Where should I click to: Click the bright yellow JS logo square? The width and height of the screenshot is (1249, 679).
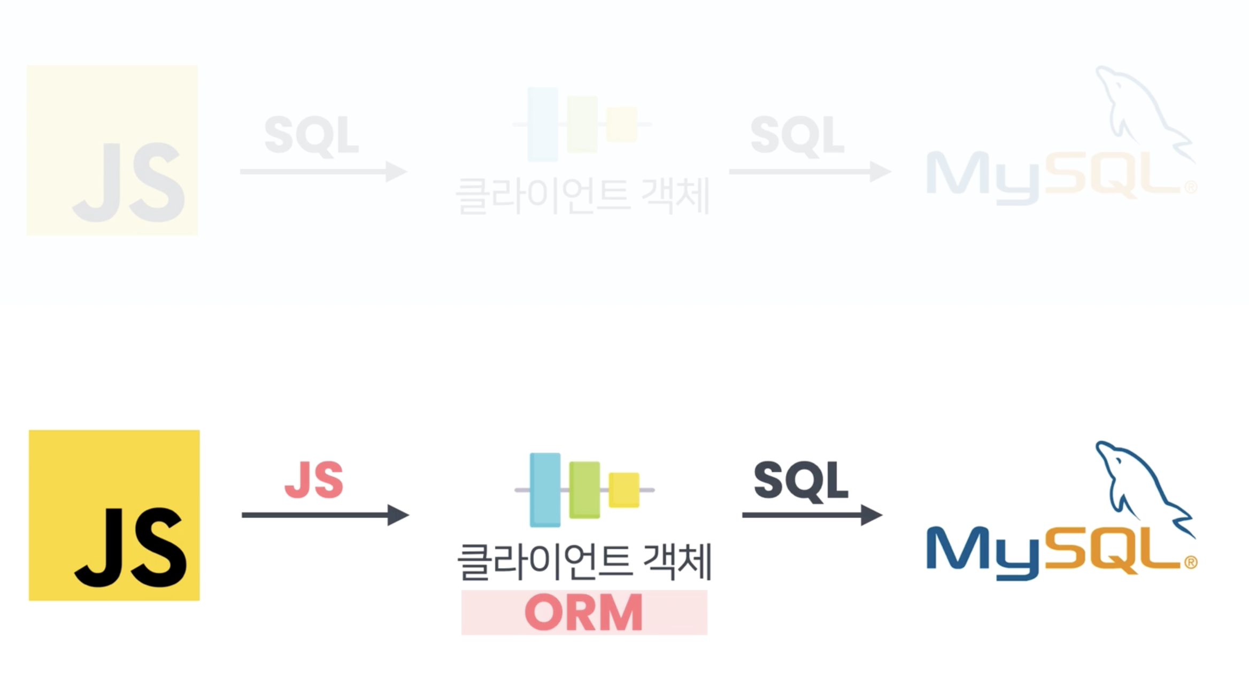point(114,515)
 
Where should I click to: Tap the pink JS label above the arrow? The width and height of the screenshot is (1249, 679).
point(314,480)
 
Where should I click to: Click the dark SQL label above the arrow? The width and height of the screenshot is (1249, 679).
point(800,481)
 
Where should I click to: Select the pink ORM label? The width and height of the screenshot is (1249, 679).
point(584,612)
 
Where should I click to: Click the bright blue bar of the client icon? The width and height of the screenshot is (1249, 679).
point(545,489)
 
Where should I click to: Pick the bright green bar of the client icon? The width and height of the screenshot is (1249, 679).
point(584,489)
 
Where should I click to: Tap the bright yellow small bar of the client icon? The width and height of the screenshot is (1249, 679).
point(623,489)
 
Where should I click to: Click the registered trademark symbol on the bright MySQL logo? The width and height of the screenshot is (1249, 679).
point(1191,562)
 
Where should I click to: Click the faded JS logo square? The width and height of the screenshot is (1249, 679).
point(112,150)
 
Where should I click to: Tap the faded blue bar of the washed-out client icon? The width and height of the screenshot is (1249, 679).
point(543,124)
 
